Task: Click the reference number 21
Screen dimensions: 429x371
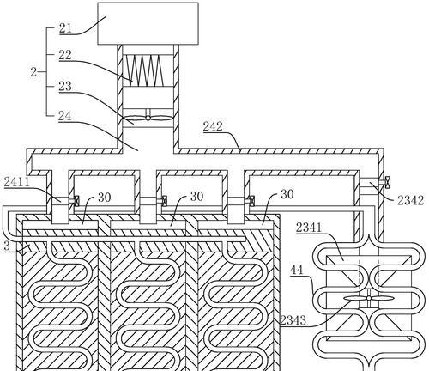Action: [x=65, y=28]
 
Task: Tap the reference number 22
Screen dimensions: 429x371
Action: [x=65, y=55]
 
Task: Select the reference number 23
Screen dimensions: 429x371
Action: [x=65, y=86]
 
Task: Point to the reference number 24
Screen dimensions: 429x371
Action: [x=65, y=116]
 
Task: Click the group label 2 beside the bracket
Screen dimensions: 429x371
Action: [x=33, y=72]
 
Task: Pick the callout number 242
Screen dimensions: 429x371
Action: [x=213, y=126]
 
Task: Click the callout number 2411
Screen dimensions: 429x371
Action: [x=17, y=182]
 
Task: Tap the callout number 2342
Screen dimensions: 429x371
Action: [x=410, y=200]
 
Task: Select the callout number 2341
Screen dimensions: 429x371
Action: [x=309, y=228]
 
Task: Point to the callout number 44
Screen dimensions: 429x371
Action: [x=297, y=270]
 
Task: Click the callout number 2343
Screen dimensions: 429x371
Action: [x=293, y=320]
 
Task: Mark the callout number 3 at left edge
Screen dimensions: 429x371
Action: [x=7, y=246]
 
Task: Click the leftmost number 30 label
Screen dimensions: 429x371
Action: [x=105, y=198]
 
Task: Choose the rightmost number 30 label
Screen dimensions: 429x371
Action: [x=287, y=194]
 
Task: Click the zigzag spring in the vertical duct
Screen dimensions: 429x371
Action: [x=143, y=70]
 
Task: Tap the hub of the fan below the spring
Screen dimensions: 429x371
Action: [x=148, y=118]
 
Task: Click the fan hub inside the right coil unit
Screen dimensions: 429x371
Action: [x=369, y=298]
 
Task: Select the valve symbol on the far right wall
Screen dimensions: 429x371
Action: [x=388, y=182]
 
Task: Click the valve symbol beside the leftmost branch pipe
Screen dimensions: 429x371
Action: [x=76, y=200]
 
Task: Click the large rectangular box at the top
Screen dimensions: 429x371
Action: [x=148, y=23]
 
